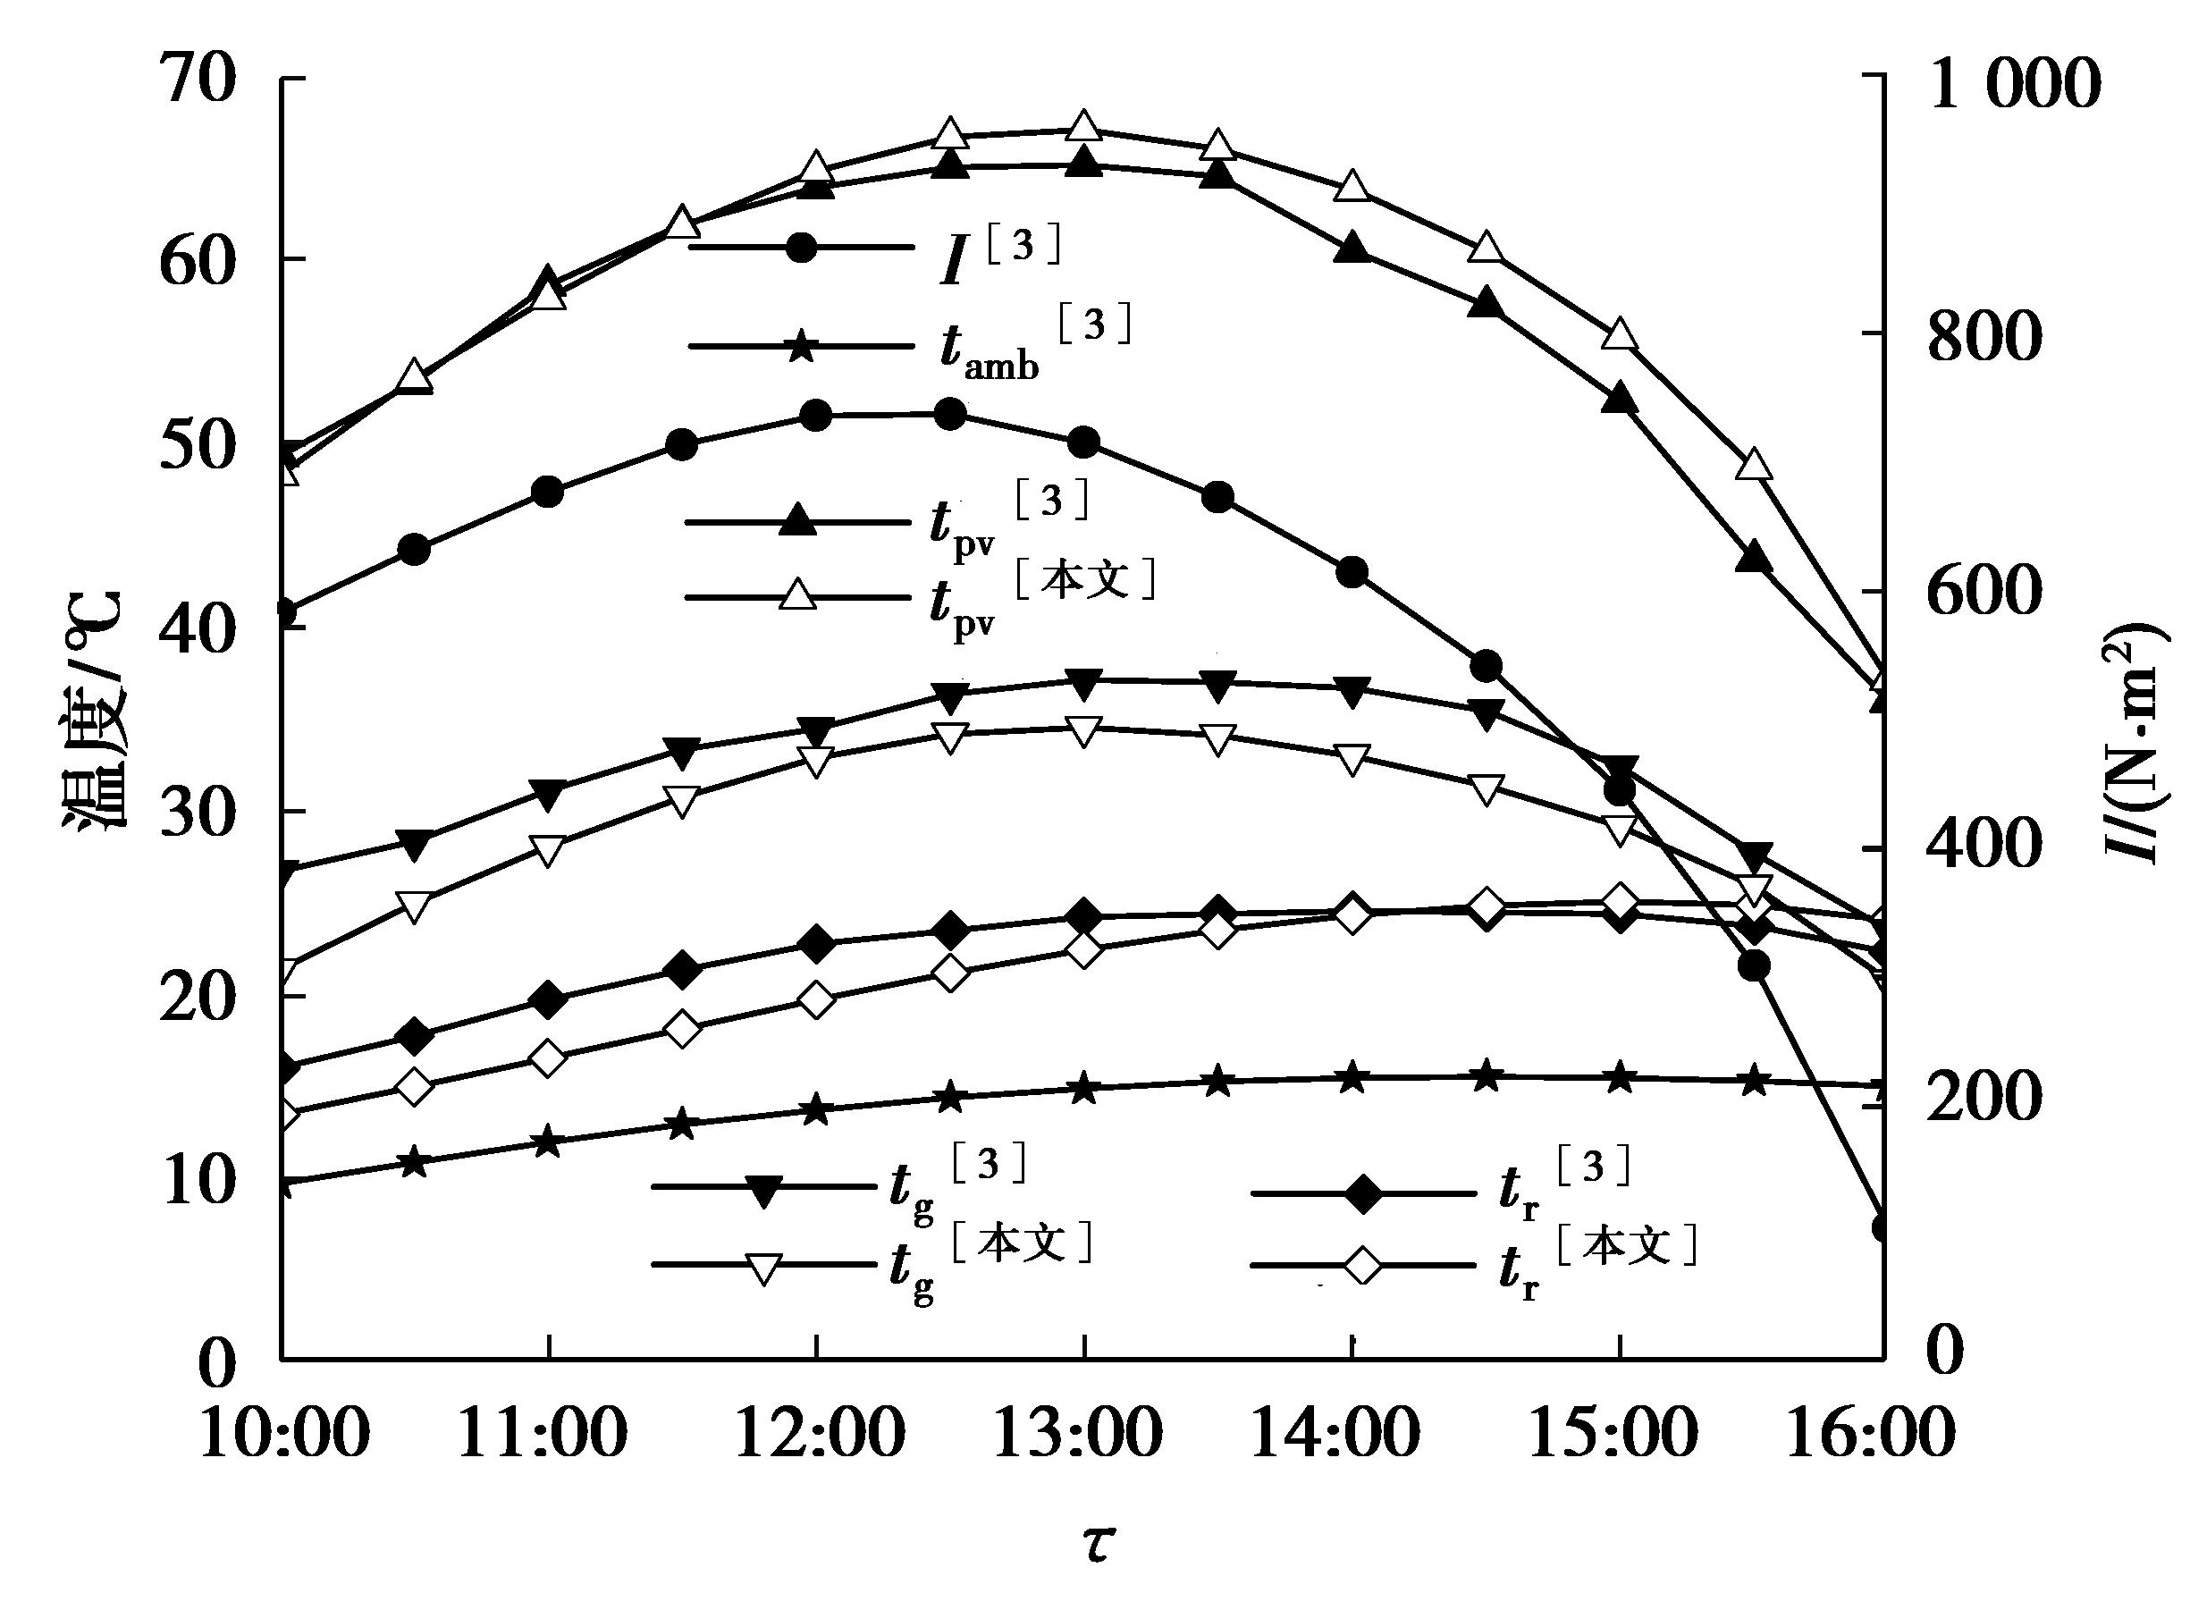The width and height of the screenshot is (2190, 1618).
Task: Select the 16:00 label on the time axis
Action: [1872, 1435]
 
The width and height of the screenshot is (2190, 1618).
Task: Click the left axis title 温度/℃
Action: [94, 710]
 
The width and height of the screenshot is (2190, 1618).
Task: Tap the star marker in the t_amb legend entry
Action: [801, 346]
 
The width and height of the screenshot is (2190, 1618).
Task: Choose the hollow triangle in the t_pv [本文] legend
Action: [798, 594]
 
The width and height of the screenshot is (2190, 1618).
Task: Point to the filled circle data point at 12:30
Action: [950, 416]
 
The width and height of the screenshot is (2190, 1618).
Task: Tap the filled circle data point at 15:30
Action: [1753, 965]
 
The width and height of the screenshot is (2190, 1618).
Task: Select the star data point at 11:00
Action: [549, 1142]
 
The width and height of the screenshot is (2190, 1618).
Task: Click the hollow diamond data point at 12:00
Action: [816, 1001]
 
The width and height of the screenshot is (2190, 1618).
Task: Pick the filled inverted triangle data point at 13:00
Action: [1082, 686]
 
